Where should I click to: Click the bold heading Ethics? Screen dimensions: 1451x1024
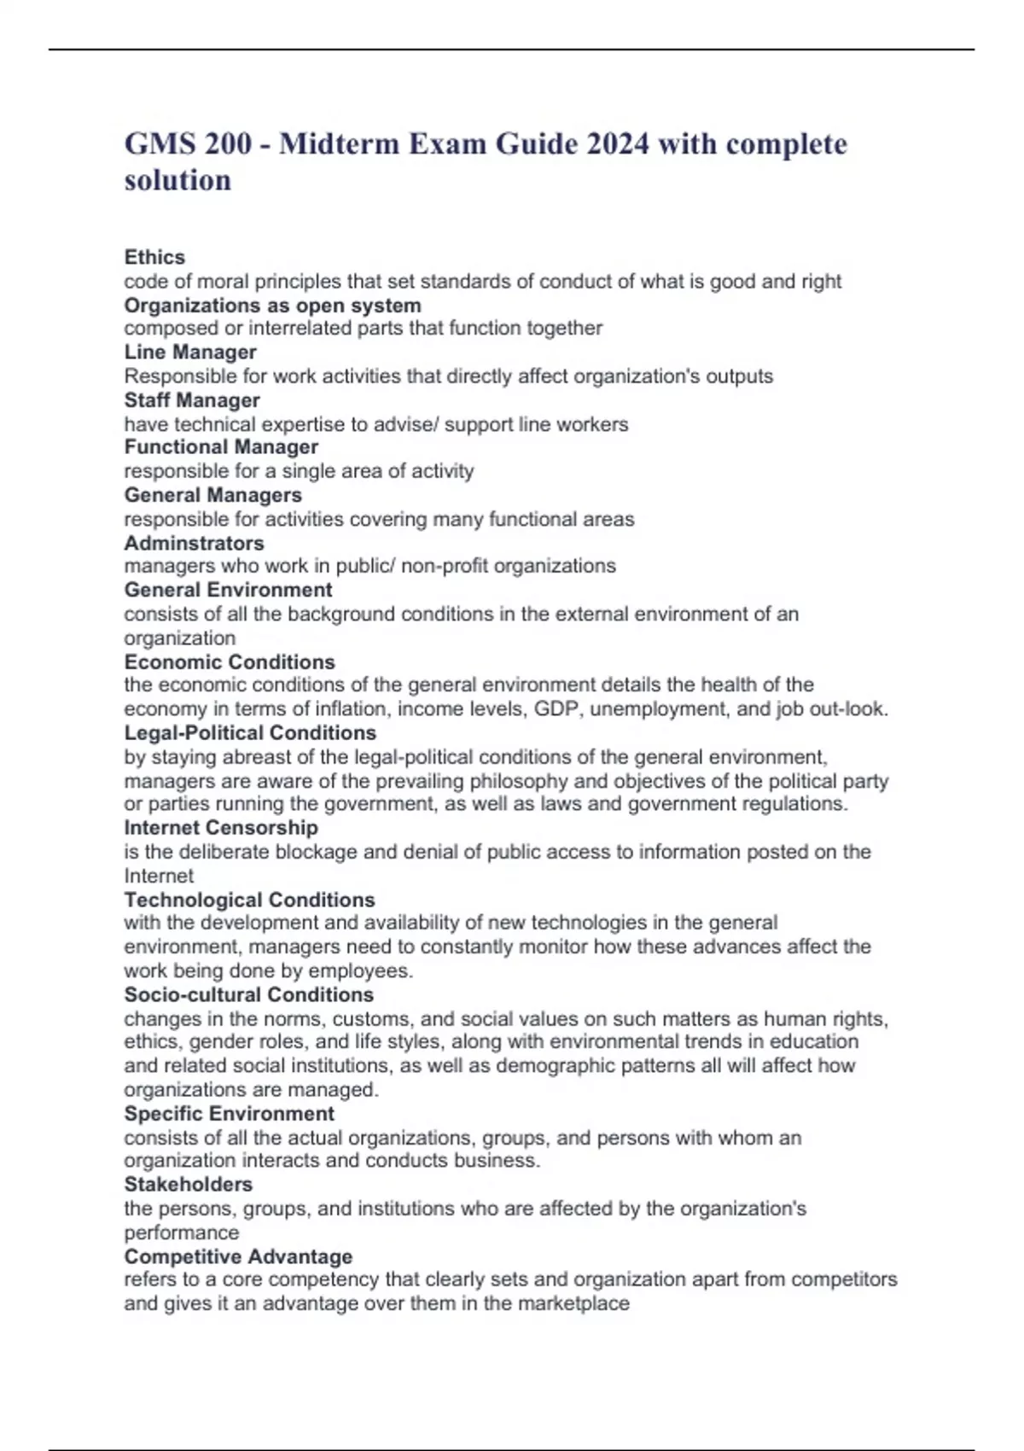click(154, 257)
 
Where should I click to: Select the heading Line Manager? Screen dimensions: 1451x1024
click(190, 352)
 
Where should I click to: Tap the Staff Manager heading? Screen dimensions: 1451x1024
click(192, 399)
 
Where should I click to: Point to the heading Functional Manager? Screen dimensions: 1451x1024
click(221, 446)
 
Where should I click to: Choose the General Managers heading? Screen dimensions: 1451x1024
click(212, 494)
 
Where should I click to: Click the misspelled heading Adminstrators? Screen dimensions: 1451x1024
click(194, 543)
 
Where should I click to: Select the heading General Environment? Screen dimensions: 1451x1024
click(228, 590)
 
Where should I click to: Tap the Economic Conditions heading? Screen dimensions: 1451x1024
click(230, 661)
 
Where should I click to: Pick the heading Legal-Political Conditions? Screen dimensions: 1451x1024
click(250, 732)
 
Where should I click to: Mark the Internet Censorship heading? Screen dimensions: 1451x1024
click(221, 827)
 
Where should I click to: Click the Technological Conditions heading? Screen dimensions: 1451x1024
click(249, 900)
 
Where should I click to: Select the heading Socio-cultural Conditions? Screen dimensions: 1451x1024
click(248, 994)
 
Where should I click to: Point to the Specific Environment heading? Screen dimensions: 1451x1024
click(229, 1113)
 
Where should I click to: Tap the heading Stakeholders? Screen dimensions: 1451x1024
click(188, 1184)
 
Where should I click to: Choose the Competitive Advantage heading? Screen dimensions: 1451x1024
click(238, 1256)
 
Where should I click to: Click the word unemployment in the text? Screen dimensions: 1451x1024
click(657, 708)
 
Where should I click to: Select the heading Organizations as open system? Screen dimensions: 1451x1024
click(272, 305)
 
